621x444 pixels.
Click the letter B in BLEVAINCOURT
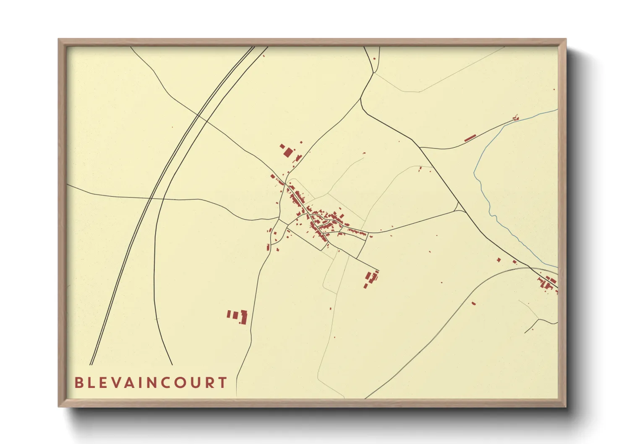pyautogui.click(x=78, y=383)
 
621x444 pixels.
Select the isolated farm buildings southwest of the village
pyautogui.click(x=238, y=316)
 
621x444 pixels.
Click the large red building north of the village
pyautogui.click(x=288, y=151)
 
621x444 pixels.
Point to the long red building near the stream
pyautogui.click(x=470, y=138)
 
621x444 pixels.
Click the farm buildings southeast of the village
pyautogui.click(x=371, y=279)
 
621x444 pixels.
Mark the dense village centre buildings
pyautogui.click(x=319, y=218)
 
